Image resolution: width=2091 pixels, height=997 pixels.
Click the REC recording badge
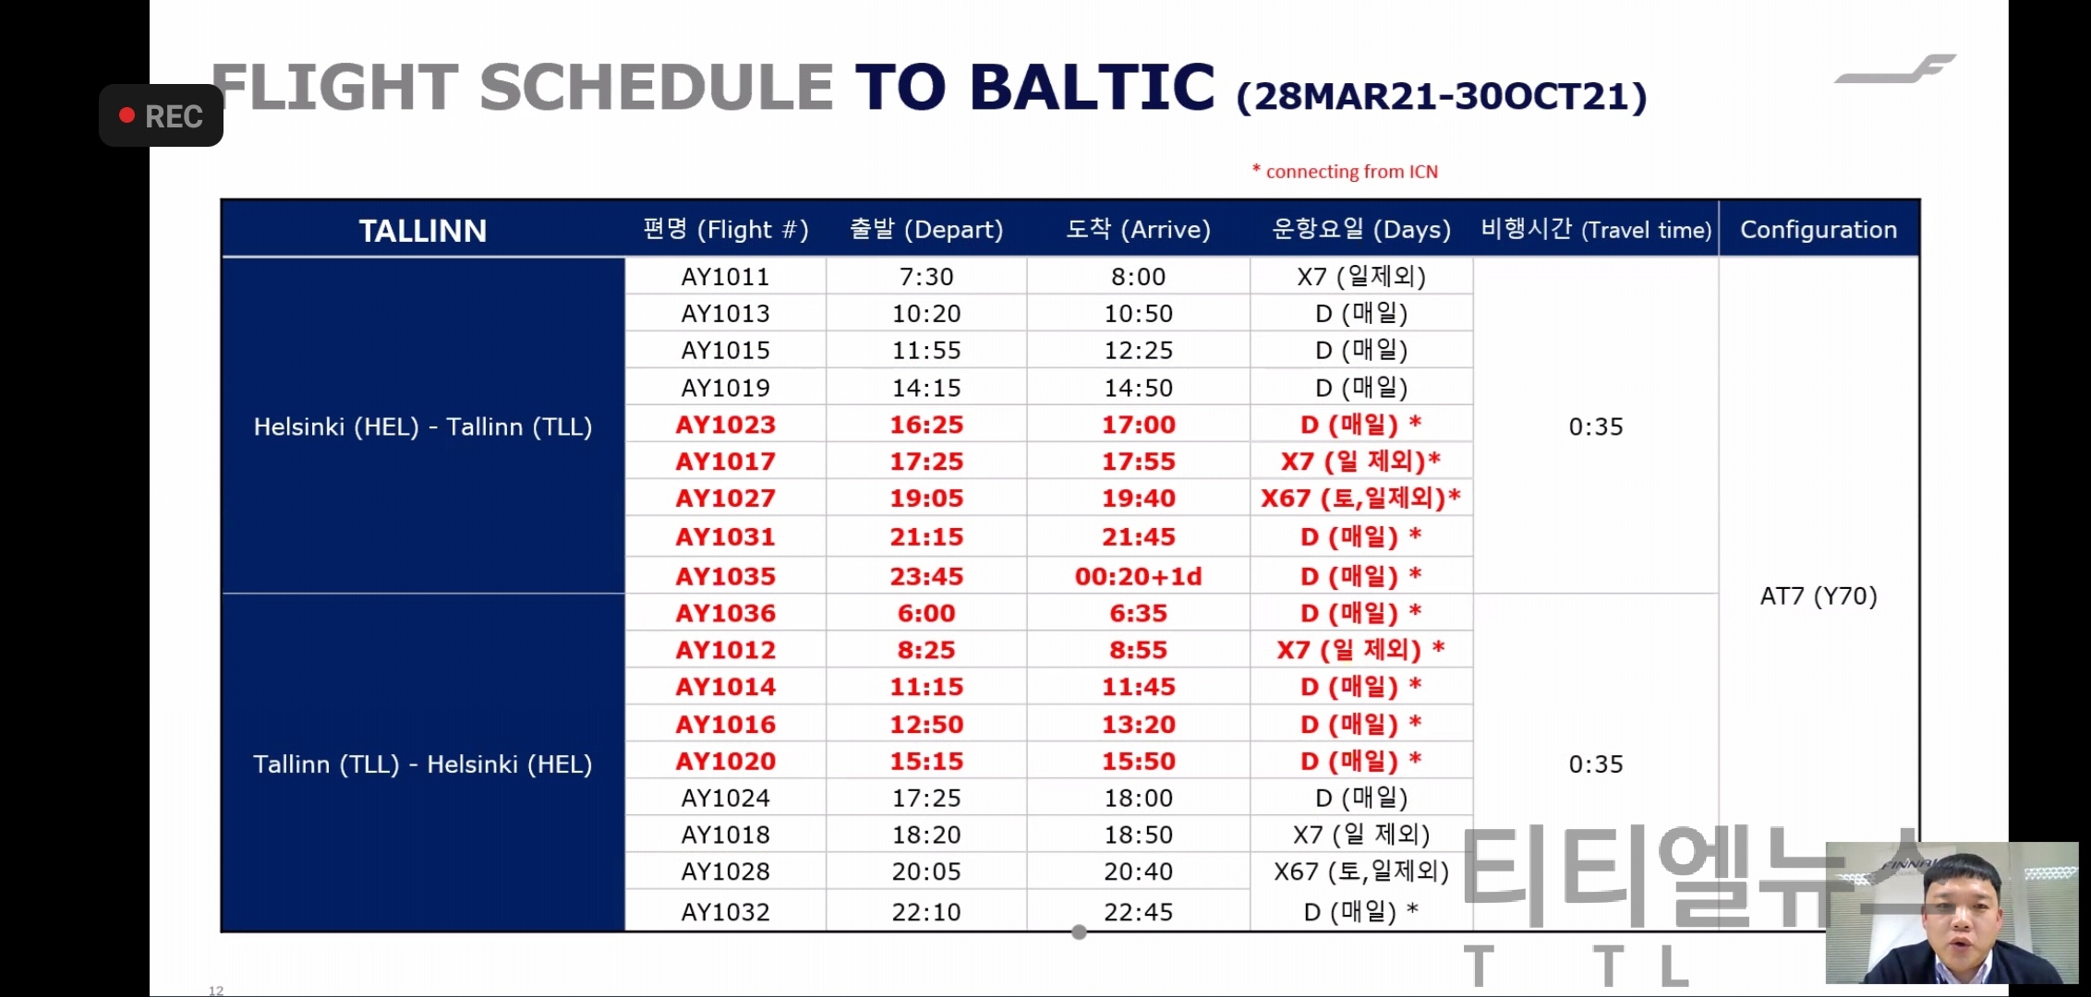tap(162, 115)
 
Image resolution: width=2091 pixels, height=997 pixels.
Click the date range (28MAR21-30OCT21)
tap(1442, 96)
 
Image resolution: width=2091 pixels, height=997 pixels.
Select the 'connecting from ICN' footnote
tap(1345, 172)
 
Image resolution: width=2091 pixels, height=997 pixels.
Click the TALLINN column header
tap(423, 230)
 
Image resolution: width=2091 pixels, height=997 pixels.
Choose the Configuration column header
tap(1819, 230)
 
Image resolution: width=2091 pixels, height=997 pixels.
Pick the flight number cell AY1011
tap(725, 277)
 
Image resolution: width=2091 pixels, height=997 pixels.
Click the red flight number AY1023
tap(725, 425)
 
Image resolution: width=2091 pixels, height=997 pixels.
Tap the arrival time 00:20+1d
tap(1138, 577)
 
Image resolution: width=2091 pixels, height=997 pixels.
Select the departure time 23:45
tap(926, 577)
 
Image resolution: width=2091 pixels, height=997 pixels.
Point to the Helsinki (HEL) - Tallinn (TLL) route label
tap(423, 426)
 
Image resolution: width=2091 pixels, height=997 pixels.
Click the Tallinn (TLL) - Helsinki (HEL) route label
tap(423, 764)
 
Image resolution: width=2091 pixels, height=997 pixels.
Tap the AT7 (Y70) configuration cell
tap(1819, 596)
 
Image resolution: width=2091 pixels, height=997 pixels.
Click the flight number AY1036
tap(725, 614)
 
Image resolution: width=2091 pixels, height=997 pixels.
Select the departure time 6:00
tap(926, 614)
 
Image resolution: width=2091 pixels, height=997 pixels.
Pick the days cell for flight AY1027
tap(1360, 498)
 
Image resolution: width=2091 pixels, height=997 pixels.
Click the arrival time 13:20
tap(1138, 725)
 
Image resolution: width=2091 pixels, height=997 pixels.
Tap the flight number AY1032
tap(725, 912)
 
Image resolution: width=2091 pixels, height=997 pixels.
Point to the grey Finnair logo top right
tap(1895, 69)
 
